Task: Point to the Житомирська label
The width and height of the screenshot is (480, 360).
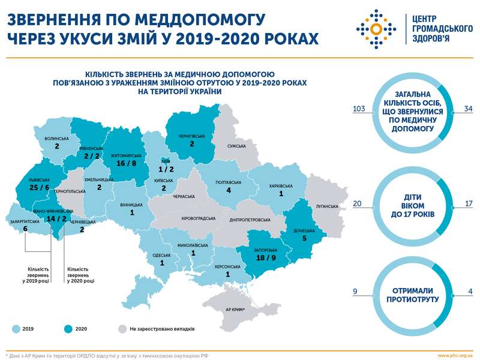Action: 124,154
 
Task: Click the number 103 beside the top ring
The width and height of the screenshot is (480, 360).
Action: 359,109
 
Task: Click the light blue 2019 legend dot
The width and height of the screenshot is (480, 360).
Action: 15,329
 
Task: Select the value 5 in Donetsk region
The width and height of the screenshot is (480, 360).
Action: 304,238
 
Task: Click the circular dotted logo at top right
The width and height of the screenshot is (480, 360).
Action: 376,29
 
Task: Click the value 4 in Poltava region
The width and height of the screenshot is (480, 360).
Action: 229,190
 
